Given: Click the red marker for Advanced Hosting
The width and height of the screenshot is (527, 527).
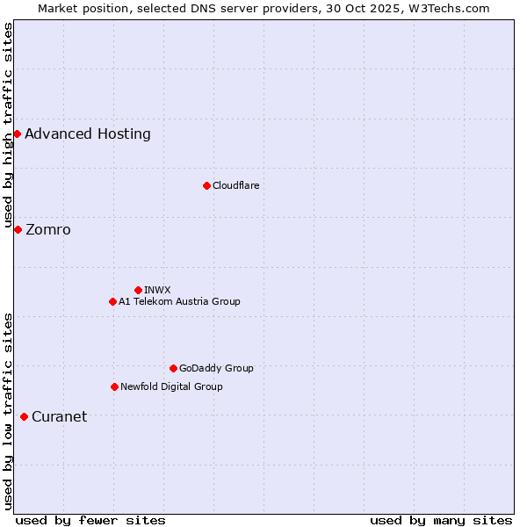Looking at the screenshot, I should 17,134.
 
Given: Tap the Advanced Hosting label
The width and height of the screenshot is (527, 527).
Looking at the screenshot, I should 88,134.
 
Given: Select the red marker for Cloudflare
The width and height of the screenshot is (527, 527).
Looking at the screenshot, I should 206,185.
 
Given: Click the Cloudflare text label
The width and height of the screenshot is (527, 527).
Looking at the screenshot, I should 235,185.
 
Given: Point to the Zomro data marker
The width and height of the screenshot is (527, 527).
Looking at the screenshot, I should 18,229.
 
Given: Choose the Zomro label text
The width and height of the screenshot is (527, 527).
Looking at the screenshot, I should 48,230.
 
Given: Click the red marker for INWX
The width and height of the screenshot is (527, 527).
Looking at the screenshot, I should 138,290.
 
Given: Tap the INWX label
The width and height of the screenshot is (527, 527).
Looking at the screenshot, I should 157,290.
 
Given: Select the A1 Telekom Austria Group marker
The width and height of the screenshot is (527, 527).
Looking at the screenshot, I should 112,301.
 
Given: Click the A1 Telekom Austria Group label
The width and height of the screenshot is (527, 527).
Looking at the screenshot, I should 179,301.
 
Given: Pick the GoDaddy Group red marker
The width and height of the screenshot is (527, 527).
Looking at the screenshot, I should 173,368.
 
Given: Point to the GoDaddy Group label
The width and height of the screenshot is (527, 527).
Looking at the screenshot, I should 216,368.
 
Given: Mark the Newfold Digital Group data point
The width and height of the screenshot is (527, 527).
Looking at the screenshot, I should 114,386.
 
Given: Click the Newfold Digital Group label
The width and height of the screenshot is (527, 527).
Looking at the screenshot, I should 171,386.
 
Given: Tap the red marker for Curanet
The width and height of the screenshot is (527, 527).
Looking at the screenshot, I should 24,416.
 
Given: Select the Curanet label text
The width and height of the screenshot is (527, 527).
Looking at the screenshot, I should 59,417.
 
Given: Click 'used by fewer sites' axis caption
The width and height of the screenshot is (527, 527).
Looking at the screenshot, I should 90,520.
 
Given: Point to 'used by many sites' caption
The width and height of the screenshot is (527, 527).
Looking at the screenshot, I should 441,520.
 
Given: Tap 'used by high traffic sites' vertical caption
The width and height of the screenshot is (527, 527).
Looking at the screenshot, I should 8,126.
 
